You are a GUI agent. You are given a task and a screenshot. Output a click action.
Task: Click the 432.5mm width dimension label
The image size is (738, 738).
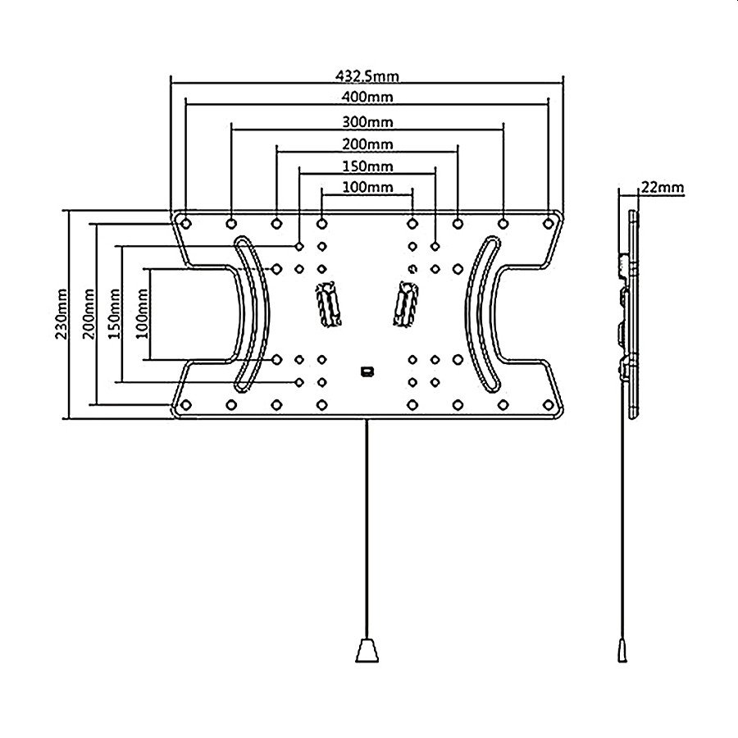pyautogui.click(x=367, y=75)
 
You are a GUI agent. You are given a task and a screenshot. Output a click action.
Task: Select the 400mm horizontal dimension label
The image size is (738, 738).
pyautogui.click(x=367, y=97)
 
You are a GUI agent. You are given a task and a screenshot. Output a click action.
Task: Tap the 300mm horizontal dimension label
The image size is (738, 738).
pyautogui.click(x=367, y=122)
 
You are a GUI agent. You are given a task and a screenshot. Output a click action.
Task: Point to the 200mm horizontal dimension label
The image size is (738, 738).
pyautogui.click(x=367, y=143)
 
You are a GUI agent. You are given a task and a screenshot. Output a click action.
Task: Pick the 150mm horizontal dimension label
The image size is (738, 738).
pyautogui.click(x=367, y=166)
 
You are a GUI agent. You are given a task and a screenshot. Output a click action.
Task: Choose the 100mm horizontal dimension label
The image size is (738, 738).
pyautogui.click(x=367, y=187)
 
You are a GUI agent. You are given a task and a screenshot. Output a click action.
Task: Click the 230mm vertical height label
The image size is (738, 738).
pyautogui.click(x=62, y=314)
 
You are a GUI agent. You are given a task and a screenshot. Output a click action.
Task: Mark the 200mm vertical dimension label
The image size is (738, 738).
pyautogui.click(x=89, y=314)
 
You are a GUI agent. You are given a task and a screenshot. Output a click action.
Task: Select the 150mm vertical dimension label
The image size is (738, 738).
pyautogui.click(x=114, y=314)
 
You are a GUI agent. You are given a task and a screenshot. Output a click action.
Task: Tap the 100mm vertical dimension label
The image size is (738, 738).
pyautogui.click(x=142, y=314)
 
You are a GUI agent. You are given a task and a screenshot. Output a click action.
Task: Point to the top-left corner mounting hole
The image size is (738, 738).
pyautogui.click(x=186, y=222)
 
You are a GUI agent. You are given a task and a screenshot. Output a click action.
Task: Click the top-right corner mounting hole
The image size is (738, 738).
pyautogui.click(x=548, y=223)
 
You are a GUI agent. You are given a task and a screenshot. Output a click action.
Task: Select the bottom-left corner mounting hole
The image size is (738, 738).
pyautogui.click(x=186, y=404)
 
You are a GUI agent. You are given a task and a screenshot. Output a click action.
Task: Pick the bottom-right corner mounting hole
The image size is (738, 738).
pyautogui.click(x=548, y=404)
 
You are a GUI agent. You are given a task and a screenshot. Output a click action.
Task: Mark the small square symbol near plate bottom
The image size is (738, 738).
pyautogui.click(x=367, y=371)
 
